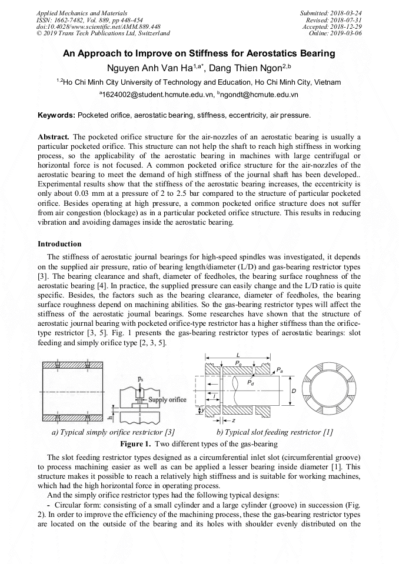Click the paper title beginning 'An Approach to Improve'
pyautogui.click(x=199, y=54)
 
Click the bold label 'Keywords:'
pyautogui.click(x=56, y=115)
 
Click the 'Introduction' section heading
pyautogui.click(x=59, y=243)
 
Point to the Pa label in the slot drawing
pyautogui.click(x=280, y=370)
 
